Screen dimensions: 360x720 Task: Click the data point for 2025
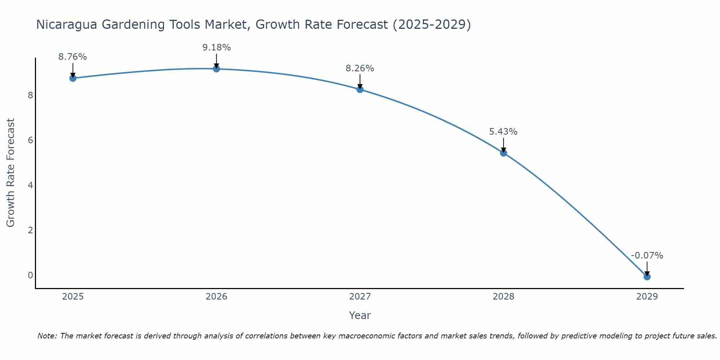point(73,78)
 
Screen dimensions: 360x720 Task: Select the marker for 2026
point(216,69)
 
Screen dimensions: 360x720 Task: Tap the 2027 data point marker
point(360,89)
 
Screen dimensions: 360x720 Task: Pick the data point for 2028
point(503,153)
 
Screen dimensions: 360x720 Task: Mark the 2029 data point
point(647,276)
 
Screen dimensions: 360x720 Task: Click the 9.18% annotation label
point(216,48)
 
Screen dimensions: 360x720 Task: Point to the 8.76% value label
point(73,57)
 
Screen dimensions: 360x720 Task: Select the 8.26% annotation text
point(360,68)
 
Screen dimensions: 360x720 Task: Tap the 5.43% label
point(503,132)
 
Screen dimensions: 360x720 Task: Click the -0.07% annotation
point(647,256)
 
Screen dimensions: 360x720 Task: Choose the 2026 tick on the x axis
point(216,297)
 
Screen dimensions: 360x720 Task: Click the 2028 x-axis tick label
point(503,297)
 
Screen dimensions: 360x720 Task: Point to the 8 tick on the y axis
point(30,95)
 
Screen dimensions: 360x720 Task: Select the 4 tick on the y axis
point(30,185)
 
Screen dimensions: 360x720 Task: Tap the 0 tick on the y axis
point(30,275)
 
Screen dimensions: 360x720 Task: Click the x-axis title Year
point(360,315)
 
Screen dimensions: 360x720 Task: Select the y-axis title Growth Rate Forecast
point(11,173)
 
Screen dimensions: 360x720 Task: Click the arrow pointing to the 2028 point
point(503,145)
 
